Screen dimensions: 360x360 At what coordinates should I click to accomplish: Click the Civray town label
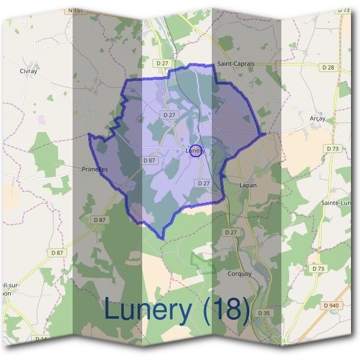click(x=28, y=71)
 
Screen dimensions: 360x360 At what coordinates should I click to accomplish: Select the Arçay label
click(x=317, y=119)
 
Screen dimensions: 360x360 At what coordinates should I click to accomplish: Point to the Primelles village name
click(x=94, y=170)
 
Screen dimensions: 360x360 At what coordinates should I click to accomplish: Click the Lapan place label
click(x=248, y=185)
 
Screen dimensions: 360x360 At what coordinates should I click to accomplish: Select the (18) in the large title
click(x=227, y=310)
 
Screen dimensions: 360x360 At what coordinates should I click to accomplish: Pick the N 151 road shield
click(x=76, y=10)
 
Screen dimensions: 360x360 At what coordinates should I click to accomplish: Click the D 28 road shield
click(x=328, y=67)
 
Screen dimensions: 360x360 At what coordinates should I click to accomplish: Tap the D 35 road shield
click(x=263, y=313)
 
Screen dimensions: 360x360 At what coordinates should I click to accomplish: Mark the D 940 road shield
click(x=331, y=305)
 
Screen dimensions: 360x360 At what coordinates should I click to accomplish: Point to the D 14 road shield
click(x=41, y=339)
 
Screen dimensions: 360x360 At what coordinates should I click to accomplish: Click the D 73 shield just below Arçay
click(x=332, y=148)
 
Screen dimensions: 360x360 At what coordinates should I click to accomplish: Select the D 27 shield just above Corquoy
click(x=230, y=232)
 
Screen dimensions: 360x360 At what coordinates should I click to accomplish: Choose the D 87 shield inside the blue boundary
click(x=149, y=161)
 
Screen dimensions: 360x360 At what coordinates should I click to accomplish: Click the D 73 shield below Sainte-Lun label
click(x=318, y=269)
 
